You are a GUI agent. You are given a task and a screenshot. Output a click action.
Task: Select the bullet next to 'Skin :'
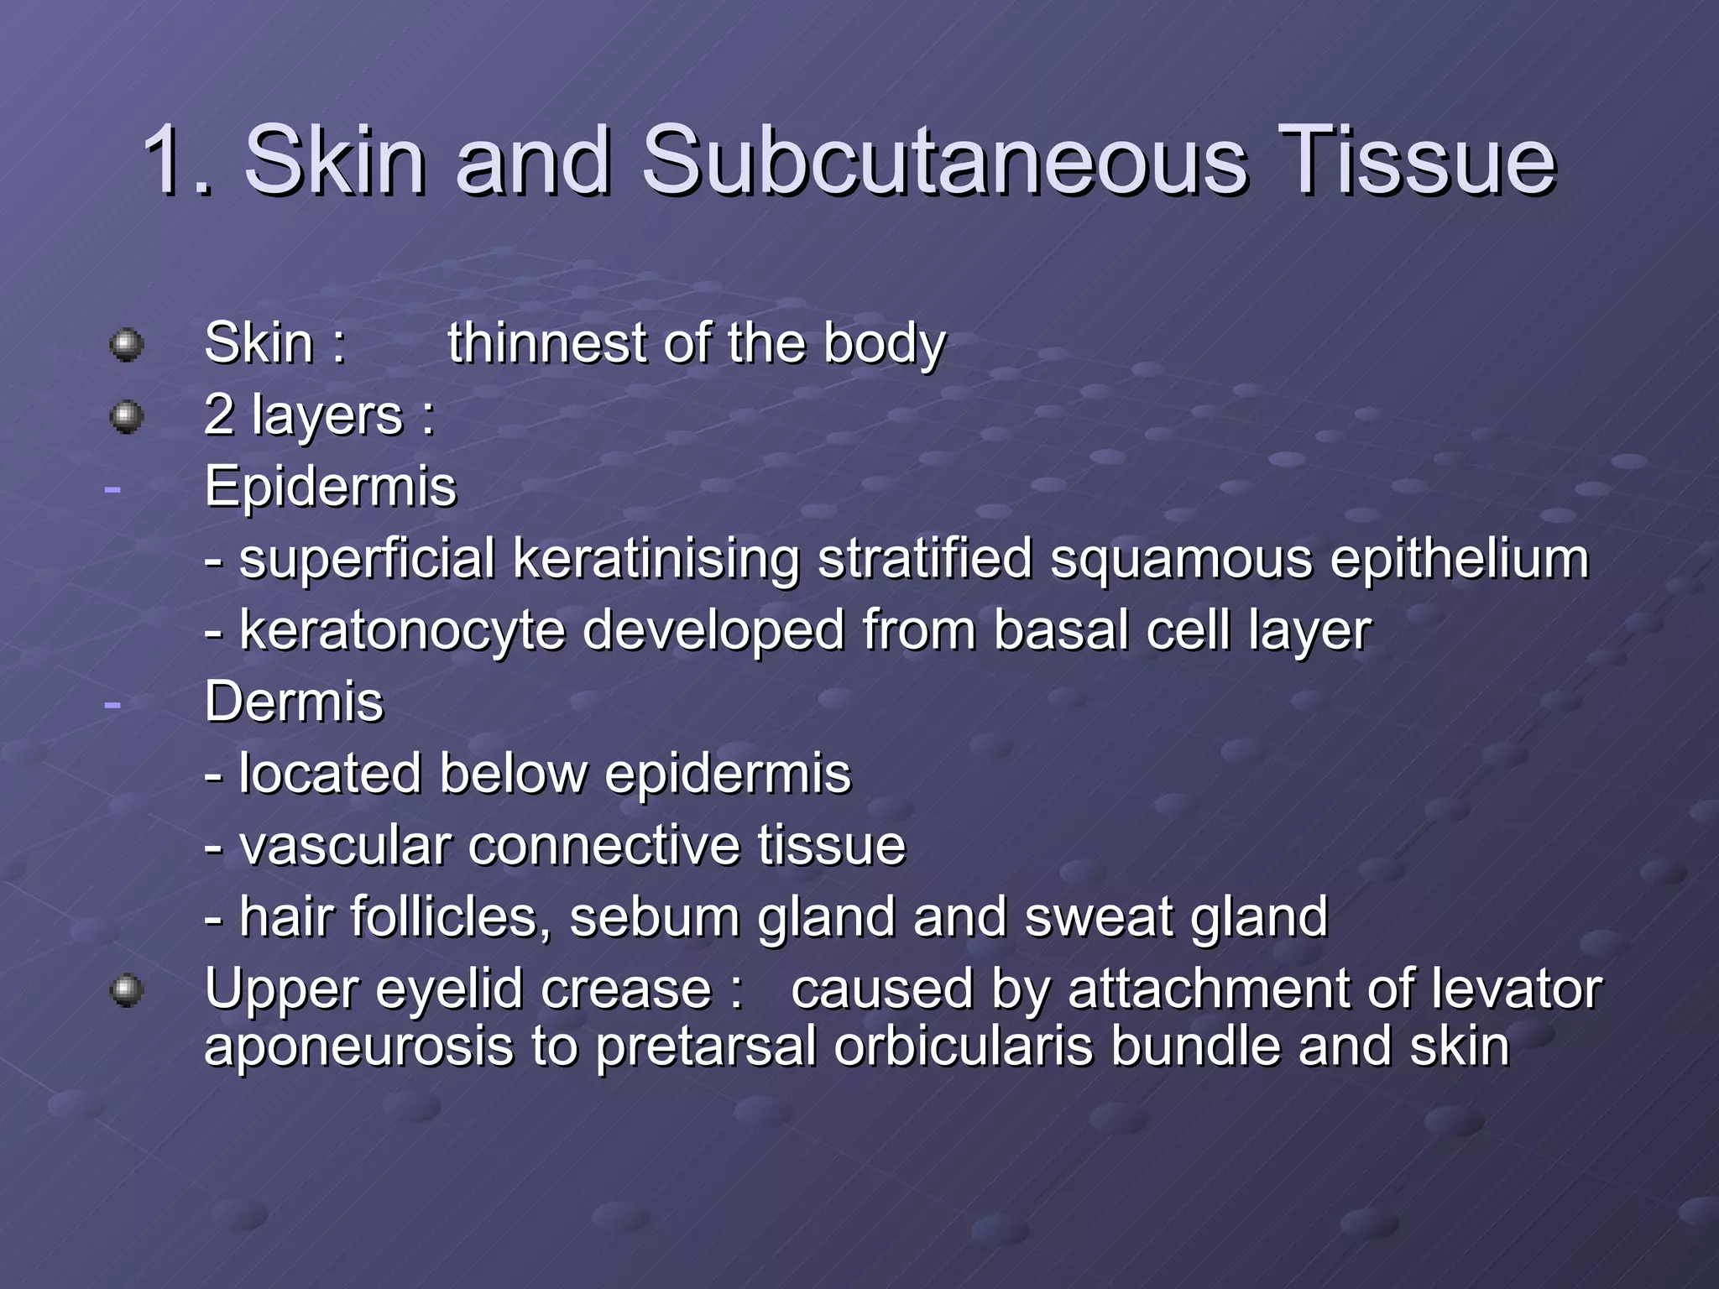point(127,345)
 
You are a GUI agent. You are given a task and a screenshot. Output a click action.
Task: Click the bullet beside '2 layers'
point(127,416)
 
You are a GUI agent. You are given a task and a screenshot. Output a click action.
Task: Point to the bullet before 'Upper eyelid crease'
point(127,990)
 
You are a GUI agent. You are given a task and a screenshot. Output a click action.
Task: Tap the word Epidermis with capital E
point(331,487)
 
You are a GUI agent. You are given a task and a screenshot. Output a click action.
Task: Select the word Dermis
point(294,702)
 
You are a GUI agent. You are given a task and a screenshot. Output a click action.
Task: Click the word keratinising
point(656,559)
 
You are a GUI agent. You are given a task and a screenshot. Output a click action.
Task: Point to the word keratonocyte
point(402,631)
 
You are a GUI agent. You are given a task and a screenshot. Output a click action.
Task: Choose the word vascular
point(345,845)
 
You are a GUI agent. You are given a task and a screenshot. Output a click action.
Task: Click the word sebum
point(655,916)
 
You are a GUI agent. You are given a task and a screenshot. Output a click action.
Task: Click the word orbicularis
point(964,1046)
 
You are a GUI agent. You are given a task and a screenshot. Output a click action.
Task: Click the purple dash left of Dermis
point(112,703)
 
